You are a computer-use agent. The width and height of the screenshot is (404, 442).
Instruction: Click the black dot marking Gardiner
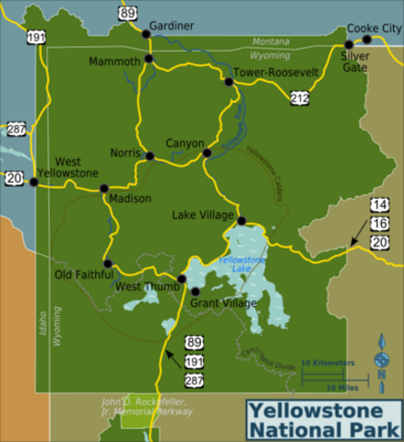(x=145, y=34)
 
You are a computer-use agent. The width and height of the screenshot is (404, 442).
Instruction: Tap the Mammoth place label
(x=113, y=62)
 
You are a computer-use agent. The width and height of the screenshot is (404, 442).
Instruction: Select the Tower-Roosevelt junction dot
(x=229, y=82)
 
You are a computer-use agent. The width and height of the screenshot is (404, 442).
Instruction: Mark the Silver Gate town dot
(x=349, y=44)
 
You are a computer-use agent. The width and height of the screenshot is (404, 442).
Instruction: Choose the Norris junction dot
(x=149, y=156)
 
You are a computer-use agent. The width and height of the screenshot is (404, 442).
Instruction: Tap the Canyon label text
(x=184, y=143)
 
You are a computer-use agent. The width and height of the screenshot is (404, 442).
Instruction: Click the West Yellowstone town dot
(x=34, y=181)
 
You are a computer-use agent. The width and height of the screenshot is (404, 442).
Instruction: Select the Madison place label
(x=123, y=199)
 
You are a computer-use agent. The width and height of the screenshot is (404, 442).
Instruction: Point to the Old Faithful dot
(x=108, y=263)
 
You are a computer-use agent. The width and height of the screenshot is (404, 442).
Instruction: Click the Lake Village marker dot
(x=241, y=221)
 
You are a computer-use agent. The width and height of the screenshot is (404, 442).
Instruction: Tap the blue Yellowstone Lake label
(x=241, y=264)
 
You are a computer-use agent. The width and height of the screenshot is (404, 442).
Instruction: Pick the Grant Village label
(x=223, y=302)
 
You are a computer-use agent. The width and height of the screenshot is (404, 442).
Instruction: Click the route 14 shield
(x=380, y=204)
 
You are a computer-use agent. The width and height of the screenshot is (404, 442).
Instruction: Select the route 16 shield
(x=380, y=223)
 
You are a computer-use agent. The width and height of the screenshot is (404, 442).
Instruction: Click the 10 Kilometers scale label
(x=327, y=363)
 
